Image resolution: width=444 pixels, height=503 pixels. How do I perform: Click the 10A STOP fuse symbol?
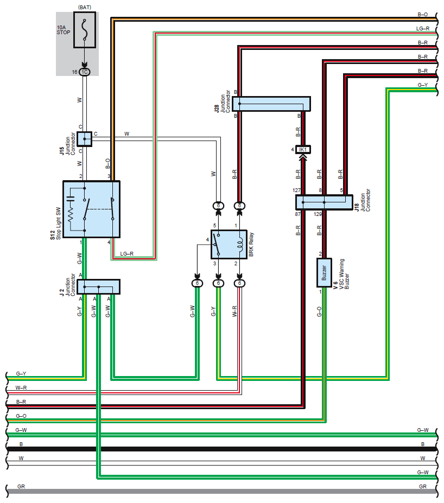[x=85, y=30]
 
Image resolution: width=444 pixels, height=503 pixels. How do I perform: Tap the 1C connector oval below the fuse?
[x=85, y=72]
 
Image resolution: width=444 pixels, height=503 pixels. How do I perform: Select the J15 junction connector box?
[x=85, y=139]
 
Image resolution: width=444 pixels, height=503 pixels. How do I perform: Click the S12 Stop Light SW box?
[x=91, y=209]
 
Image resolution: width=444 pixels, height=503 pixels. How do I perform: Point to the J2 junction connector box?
[x=98, y=287]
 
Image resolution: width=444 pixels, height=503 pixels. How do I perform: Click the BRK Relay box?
[x=229, y=244]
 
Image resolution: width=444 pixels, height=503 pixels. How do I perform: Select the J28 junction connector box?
[x=271, y=104]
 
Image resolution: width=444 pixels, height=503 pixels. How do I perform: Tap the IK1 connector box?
[x=303, y=149]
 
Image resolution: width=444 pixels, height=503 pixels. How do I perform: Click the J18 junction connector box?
[x=324, y=202]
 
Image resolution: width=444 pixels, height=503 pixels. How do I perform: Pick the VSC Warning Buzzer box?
[x=324, y=273]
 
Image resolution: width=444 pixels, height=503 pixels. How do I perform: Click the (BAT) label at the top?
[x=85, y=7]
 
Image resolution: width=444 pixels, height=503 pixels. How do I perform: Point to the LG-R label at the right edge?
[x=422, y=29]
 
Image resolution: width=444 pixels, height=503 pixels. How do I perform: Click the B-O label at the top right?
[x=422, y=15]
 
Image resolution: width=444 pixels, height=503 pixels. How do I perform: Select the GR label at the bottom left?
[x=21, y=486]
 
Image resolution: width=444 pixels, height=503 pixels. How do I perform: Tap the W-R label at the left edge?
[x=21, y=387]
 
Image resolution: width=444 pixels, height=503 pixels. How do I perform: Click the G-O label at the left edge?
[x=21, y=416]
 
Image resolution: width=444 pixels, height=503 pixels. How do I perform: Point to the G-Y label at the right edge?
[x=422, y=85]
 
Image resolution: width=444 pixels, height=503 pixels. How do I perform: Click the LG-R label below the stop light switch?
[x=126, y=254]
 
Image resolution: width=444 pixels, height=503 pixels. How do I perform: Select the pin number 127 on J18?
[x=296, y=190]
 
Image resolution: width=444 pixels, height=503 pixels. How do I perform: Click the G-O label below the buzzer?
[x=319, y=312]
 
